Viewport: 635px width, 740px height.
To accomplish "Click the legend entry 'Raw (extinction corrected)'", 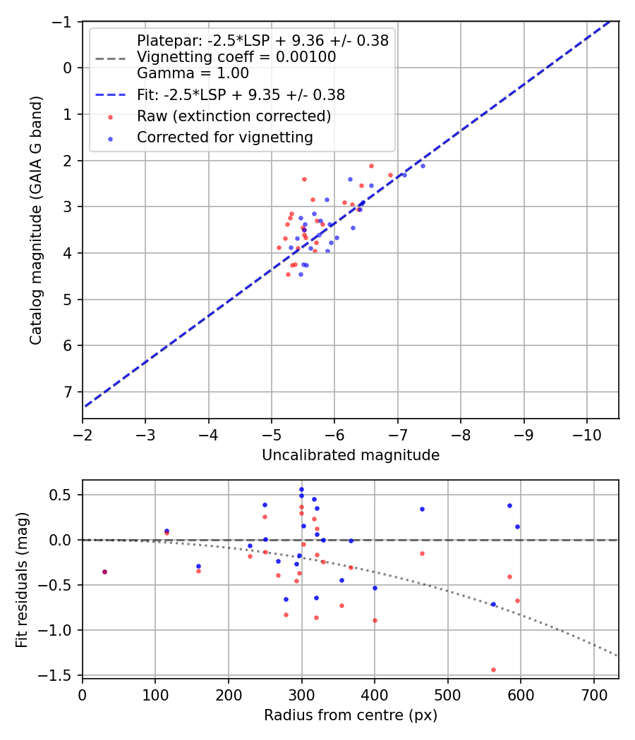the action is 234,116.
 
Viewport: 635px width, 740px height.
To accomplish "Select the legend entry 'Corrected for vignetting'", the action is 224,137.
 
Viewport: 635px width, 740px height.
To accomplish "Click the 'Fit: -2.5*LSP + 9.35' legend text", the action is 241,94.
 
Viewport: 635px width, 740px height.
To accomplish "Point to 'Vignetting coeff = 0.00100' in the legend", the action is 236,57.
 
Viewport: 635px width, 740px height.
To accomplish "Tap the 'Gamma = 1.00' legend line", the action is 193,73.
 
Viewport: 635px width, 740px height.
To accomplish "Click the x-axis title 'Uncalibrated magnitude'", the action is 351,455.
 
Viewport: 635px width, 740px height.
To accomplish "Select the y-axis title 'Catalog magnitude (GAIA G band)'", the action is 36,220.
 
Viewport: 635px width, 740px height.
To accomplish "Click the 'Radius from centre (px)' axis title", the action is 351,715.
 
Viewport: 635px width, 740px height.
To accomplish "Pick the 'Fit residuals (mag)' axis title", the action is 22,578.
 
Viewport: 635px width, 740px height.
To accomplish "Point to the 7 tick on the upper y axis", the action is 68,392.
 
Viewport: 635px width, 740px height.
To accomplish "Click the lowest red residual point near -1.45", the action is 493,670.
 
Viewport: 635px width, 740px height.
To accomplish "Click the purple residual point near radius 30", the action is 104,572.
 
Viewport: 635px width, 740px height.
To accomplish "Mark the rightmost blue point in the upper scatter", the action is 423,166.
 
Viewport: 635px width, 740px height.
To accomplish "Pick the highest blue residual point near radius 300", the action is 301,489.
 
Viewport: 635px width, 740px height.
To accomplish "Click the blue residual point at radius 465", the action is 422,509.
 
